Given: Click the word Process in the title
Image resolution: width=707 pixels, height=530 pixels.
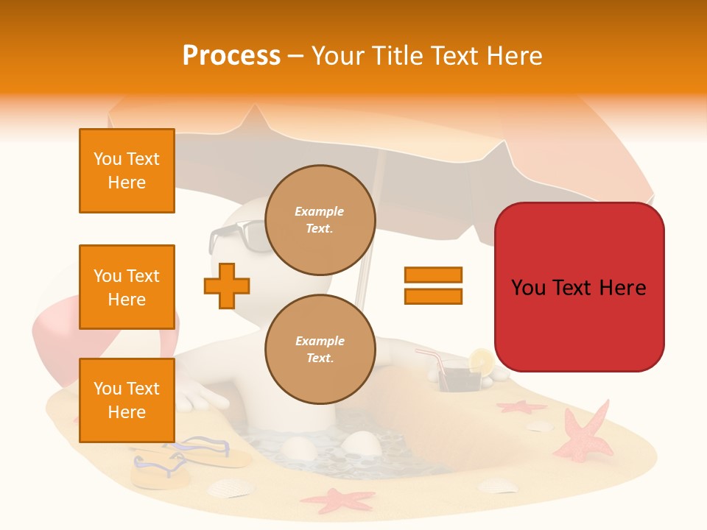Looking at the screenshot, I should (231, 56).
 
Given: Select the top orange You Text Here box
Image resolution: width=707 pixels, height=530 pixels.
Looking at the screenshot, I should (127, 171).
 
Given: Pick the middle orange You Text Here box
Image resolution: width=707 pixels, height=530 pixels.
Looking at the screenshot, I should (127, 287).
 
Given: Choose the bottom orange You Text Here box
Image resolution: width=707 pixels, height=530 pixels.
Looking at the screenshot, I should (127, 400).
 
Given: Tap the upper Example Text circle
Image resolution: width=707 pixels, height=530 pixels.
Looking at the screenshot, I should (320, 220).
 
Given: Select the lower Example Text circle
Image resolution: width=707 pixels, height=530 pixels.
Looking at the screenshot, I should (320, 350).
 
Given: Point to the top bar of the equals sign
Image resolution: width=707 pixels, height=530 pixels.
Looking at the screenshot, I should (433, 275).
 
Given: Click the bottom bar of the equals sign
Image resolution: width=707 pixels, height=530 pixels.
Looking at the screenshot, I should (433, 296).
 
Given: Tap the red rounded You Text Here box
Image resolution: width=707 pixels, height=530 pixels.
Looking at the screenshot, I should (579, 287).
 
